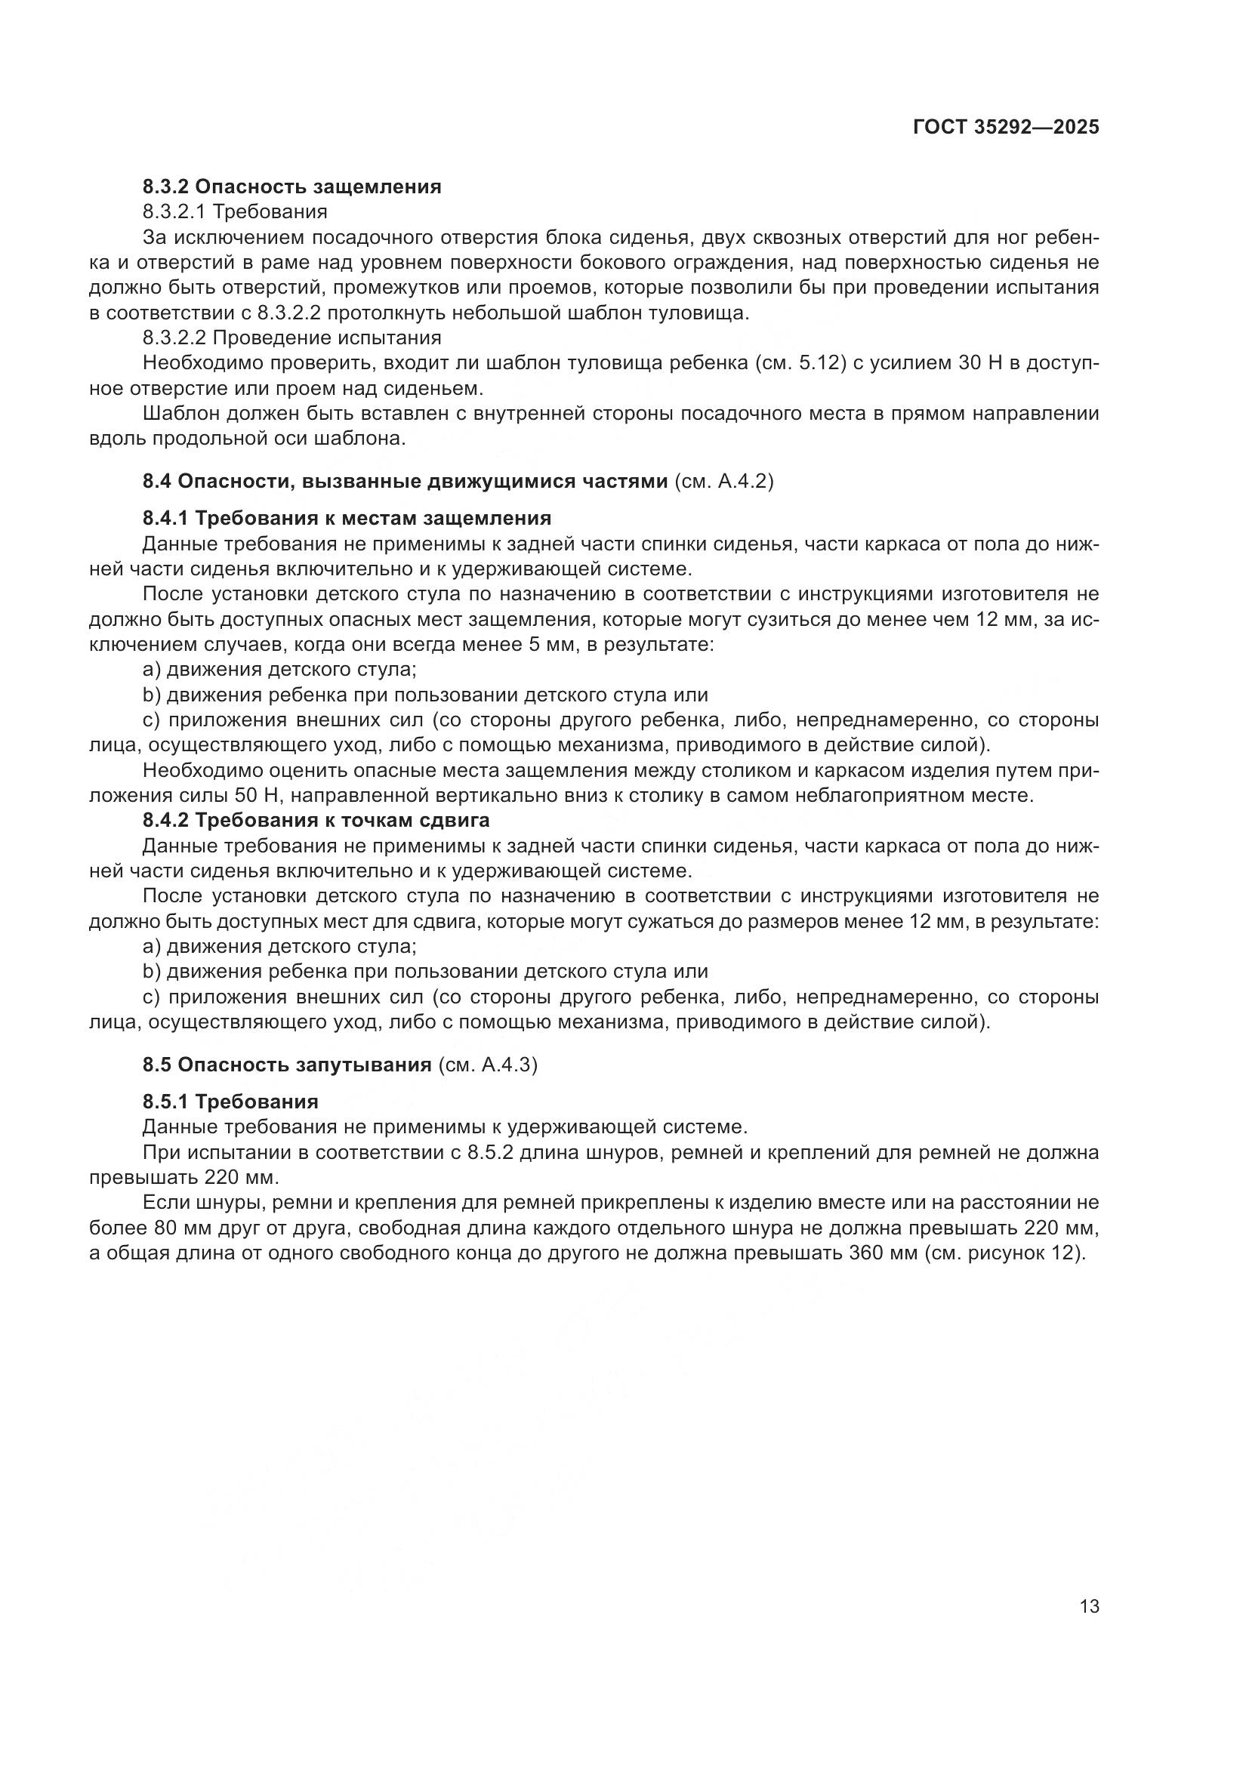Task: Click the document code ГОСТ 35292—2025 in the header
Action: click(x=1005, y=128)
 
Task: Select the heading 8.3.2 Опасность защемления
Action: click(x=291, y=186)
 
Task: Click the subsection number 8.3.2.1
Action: click(x=174, y=211)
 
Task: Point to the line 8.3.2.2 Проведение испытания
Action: click(x=291, y=337)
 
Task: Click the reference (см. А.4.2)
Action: click(x=723, y=482)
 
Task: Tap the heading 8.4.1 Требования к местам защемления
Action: click(x=346, y=518)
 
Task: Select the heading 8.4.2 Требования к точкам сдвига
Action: click(x=316, y=820)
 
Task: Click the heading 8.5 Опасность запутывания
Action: click(x=286, y=1065)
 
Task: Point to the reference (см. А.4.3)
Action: click(x=488, y=1065)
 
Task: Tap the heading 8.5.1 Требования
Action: click(x=230, y=1102)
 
